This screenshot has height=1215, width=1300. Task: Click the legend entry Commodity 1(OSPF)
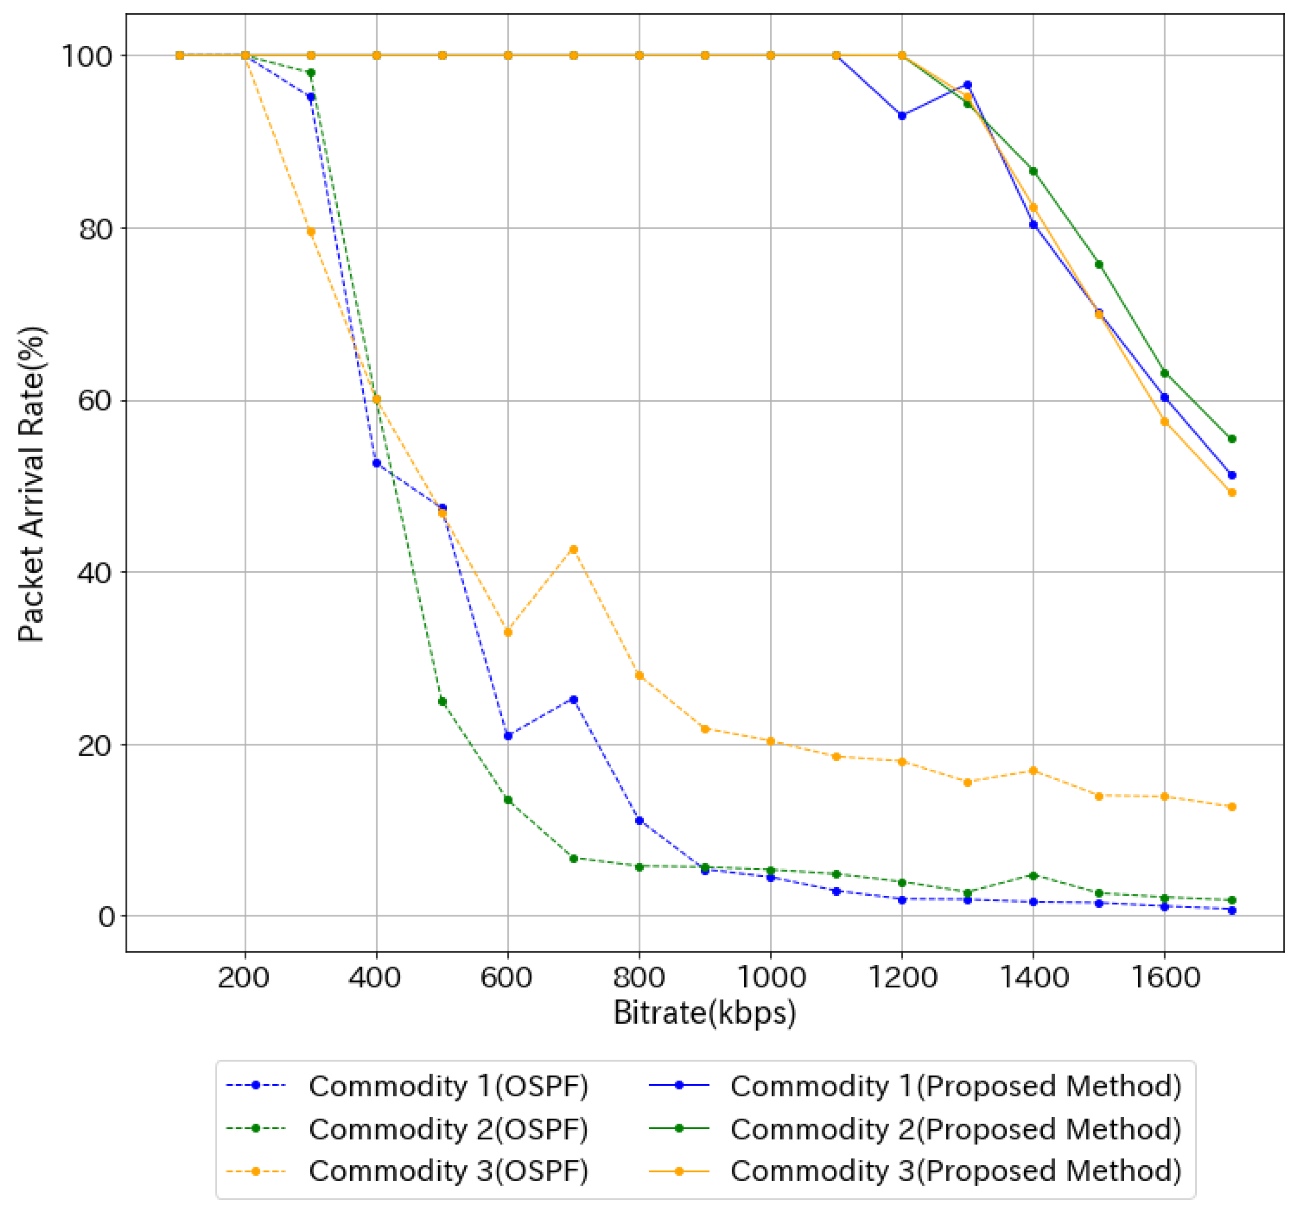pyautogui.click(x=449, y=1086)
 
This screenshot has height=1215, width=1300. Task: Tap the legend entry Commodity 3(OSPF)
pyautogui.click(x=449, y=1171)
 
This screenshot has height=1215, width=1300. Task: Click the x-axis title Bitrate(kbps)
pyautogui.click(x=704, y=1013)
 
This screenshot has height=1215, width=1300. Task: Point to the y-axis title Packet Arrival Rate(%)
pyautogui.click(x=31, y=484)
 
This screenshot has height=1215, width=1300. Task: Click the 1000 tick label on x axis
pyautogui.click(x=771, y=978)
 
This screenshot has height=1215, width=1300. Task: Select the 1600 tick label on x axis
pyautogui.click(x=1165, y=978)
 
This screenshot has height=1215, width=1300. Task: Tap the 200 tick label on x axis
pyautogui.click(x=244, y=978)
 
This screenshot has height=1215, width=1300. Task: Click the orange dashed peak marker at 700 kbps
pyautogui.click(x=574, y=549)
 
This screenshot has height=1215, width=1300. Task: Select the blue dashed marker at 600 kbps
pyautogui.click(x=508, y=736)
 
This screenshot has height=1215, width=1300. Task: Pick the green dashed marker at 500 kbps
pyautogui.click(x=442, y=702)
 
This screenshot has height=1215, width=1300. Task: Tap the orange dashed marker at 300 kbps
pyautogui.click(x=311, y=232)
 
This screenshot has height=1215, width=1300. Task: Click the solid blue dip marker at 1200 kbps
pyautogui.click(x=902, y=116)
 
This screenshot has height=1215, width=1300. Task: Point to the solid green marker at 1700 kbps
pyautogui.click(x=1232, y=439)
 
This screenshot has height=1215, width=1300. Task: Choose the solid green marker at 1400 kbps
pyautogui.click(x=1033, y=171)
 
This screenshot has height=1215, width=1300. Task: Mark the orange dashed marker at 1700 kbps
pyautogui.click(x=1232, y=807)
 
